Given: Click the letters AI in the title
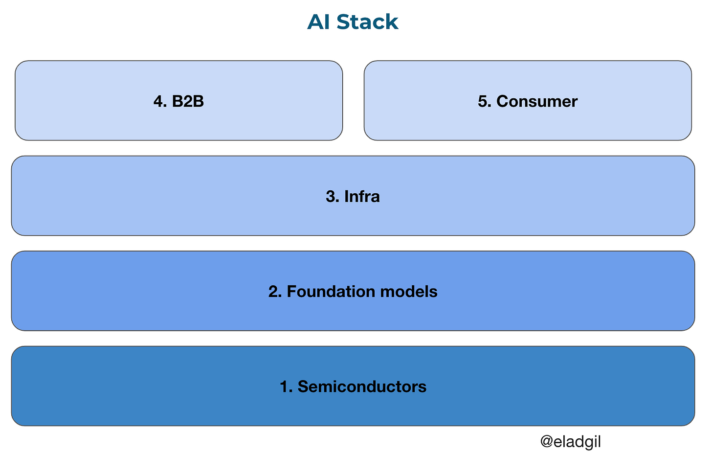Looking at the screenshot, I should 318,22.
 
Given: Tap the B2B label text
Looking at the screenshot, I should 188,101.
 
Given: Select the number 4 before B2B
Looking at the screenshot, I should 158,101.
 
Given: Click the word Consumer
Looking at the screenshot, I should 537,101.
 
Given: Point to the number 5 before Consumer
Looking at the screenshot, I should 483,101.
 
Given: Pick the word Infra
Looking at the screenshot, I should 362,196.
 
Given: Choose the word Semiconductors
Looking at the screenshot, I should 362,386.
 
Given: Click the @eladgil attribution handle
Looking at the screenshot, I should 570,442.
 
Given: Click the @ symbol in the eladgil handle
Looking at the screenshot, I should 546,442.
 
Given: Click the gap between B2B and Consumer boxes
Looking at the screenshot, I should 353,100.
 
